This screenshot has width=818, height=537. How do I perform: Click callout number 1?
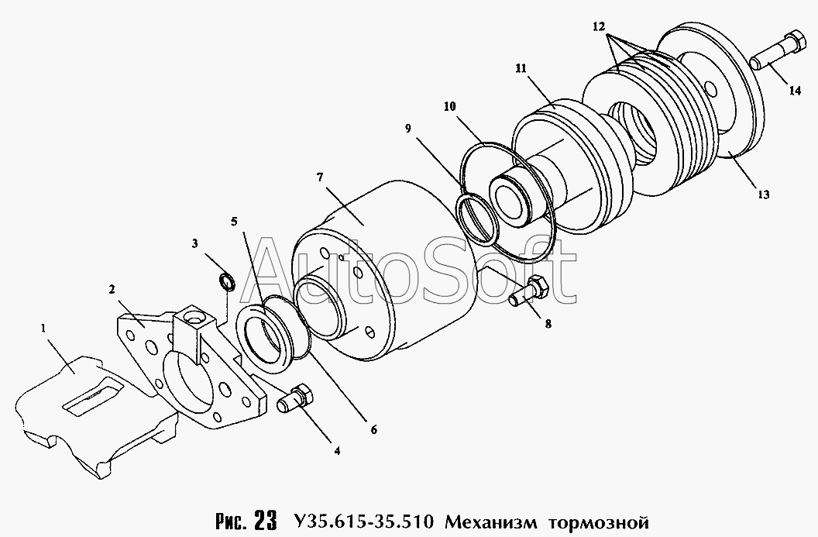coord(43,328)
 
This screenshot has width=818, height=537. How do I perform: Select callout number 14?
coord(795,91)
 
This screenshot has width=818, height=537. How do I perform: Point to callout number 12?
coord(598,26)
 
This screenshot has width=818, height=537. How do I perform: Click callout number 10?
coord(450,106)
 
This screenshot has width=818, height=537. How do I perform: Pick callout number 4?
coord(337,450)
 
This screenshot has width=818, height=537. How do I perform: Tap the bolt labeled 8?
coord(528,291)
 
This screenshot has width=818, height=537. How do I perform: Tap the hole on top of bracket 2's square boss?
coord(197,316)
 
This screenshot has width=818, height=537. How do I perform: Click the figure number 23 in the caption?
coord(265,521)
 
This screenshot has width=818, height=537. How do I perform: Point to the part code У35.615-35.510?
coord(363,521)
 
